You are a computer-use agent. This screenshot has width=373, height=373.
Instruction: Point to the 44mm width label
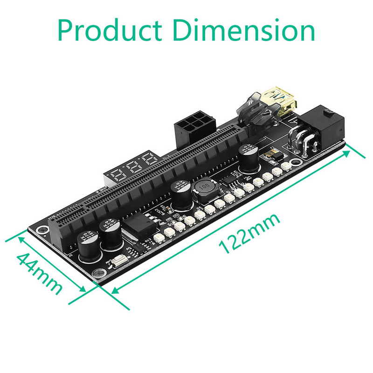point(40,273)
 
